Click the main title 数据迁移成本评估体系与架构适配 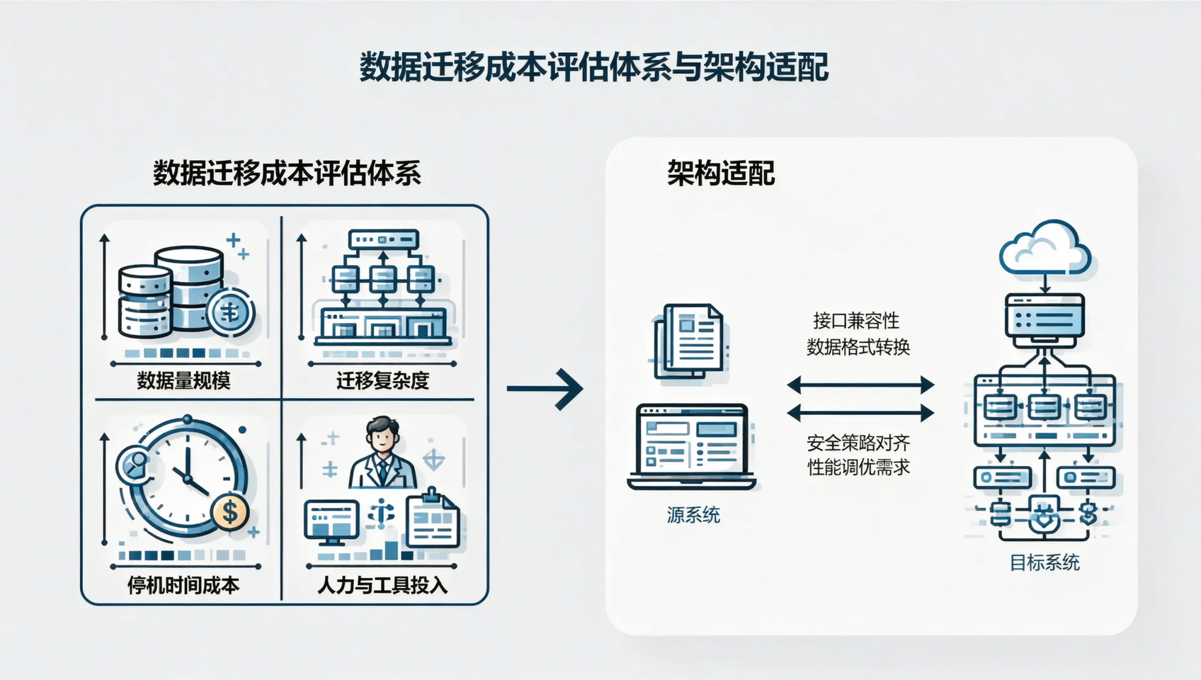[x=593, y=68]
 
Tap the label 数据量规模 [x=183, y=381]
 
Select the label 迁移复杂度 [x=382, y=381]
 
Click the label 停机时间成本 [x=183, y=585]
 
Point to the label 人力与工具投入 [x=382, y=585]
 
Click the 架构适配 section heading [x=721, y=174]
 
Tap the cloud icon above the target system [x=1045, y=248]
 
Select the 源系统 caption [x=693, y=515]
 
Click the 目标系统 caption [x=1045, y=563]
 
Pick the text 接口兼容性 [x=856, y=321]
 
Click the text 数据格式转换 [x=858, y=347]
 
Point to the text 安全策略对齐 [x=858, y=443]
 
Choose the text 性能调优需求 [x=858, y=467]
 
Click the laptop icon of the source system [x=692, y=446]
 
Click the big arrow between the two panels [x=545, y=388]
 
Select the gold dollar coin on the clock [x=229, y=511]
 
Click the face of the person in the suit [x=382, y=437]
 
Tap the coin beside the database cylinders [x=230, y=312]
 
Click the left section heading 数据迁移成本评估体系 [x=287, y=174]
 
